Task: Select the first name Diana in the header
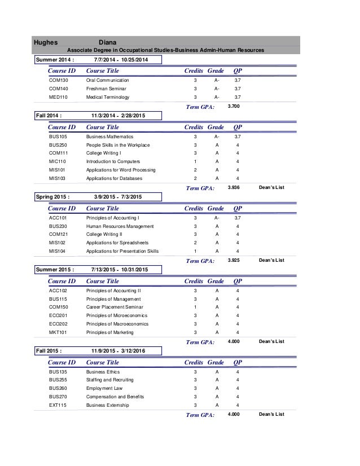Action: (x=108, y=42)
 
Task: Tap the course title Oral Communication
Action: (x=107, y=81)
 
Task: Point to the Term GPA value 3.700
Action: (x=233, y=106)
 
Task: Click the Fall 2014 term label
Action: (x=49, y=116)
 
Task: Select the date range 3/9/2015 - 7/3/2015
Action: (x=118, y=196)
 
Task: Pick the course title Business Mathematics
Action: (x=109, y=137)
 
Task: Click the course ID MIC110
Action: (x=58, y=161)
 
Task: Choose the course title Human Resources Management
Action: (x=120, y=226)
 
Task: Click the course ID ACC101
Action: (x=58, y=217)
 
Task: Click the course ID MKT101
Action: (x=58, y=332)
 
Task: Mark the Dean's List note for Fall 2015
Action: (x=271, y=414)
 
